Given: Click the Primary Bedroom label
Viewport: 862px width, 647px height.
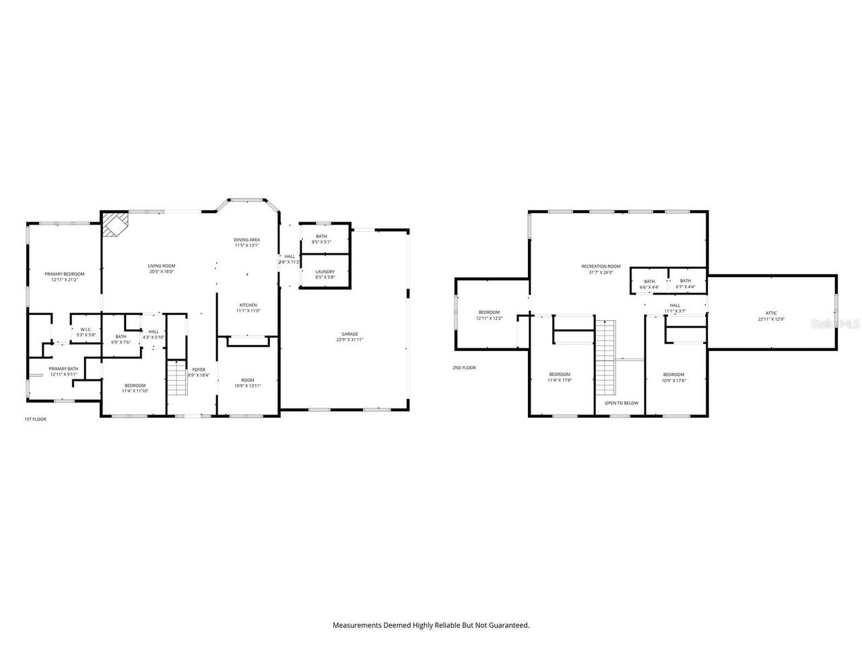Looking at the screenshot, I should click(x=65, y=274).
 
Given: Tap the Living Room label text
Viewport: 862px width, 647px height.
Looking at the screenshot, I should click(x=162, y=266).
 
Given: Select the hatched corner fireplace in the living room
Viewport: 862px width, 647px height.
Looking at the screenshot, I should click(x=114, y=224).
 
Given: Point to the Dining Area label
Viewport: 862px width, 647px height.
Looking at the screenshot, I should click(x=246, y=240).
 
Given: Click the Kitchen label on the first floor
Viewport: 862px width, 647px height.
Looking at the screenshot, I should click(x=246, y=305).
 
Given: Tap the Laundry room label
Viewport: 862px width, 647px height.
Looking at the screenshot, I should click(x=325, y=272).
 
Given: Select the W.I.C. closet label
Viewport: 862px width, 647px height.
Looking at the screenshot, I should click(x=86, y=330).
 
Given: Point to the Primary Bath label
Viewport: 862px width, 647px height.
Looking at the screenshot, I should click(x=63, y=369).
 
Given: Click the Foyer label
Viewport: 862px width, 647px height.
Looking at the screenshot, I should click(x=199, y=369).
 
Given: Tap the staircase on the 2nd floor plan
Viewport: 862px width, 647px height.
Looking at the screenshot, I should click(x=605, y=357).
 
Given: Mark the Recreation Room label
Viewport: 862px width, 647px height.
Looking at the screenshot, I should click(x=601, y=266).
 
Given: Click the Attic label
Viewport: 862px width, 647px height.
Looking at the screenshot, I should click(x=771, y=313).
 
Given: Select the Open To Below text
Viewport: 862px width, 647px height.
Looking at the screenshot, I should click(x=621, y=403).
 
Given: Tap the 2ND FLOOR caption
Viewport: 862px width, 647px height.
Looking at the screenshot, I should click(x=464, y=368).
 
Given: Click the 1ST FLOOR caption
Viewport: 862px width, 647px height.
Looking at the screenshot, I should click(x=35, y=419).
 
